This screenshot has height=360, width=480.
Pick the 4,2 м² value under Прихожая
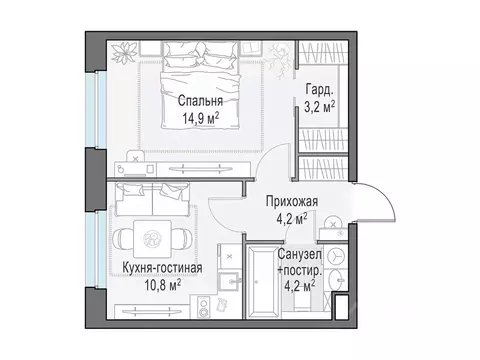pos(291,215)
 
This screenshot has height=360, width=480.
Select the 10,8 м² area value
pos(158,284)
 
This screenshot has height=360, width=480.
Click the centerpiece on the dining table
pos(153,238)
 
